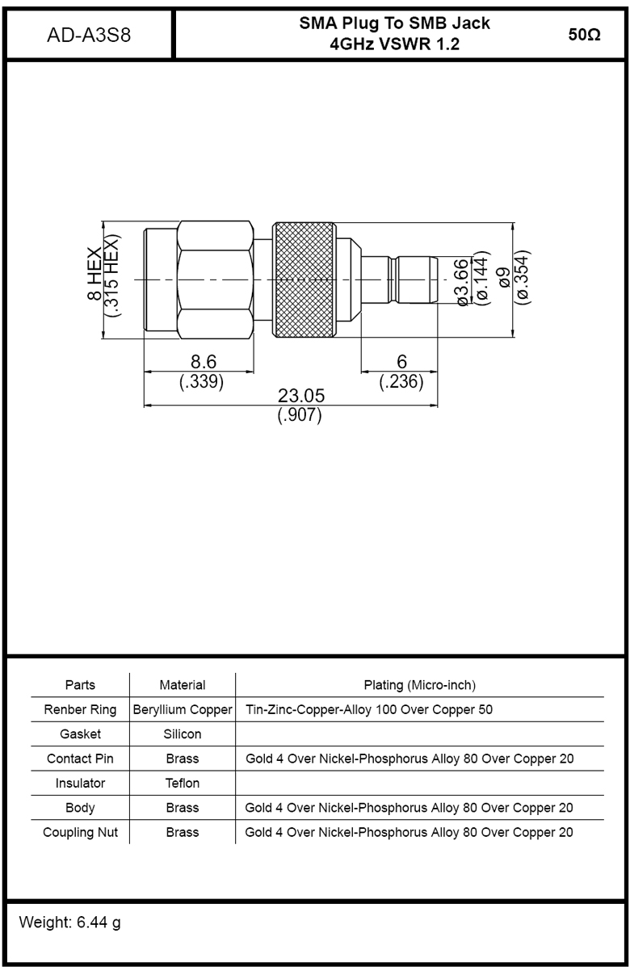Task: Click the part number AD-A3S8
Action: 89,35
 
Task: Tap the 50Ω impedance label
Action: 584,35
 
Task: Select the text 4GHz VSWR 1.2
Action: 394,44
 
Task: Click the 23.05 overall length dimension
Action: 301,395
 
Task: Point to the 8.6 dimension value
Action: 204,362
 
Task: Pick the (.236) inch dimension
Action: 401,381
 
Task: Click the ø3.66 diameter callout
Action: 462,282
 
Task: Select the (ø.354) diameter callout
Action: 523,277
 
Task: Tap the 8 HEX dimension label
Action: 94,274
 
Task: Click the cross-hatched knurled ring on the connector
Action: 304,280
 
